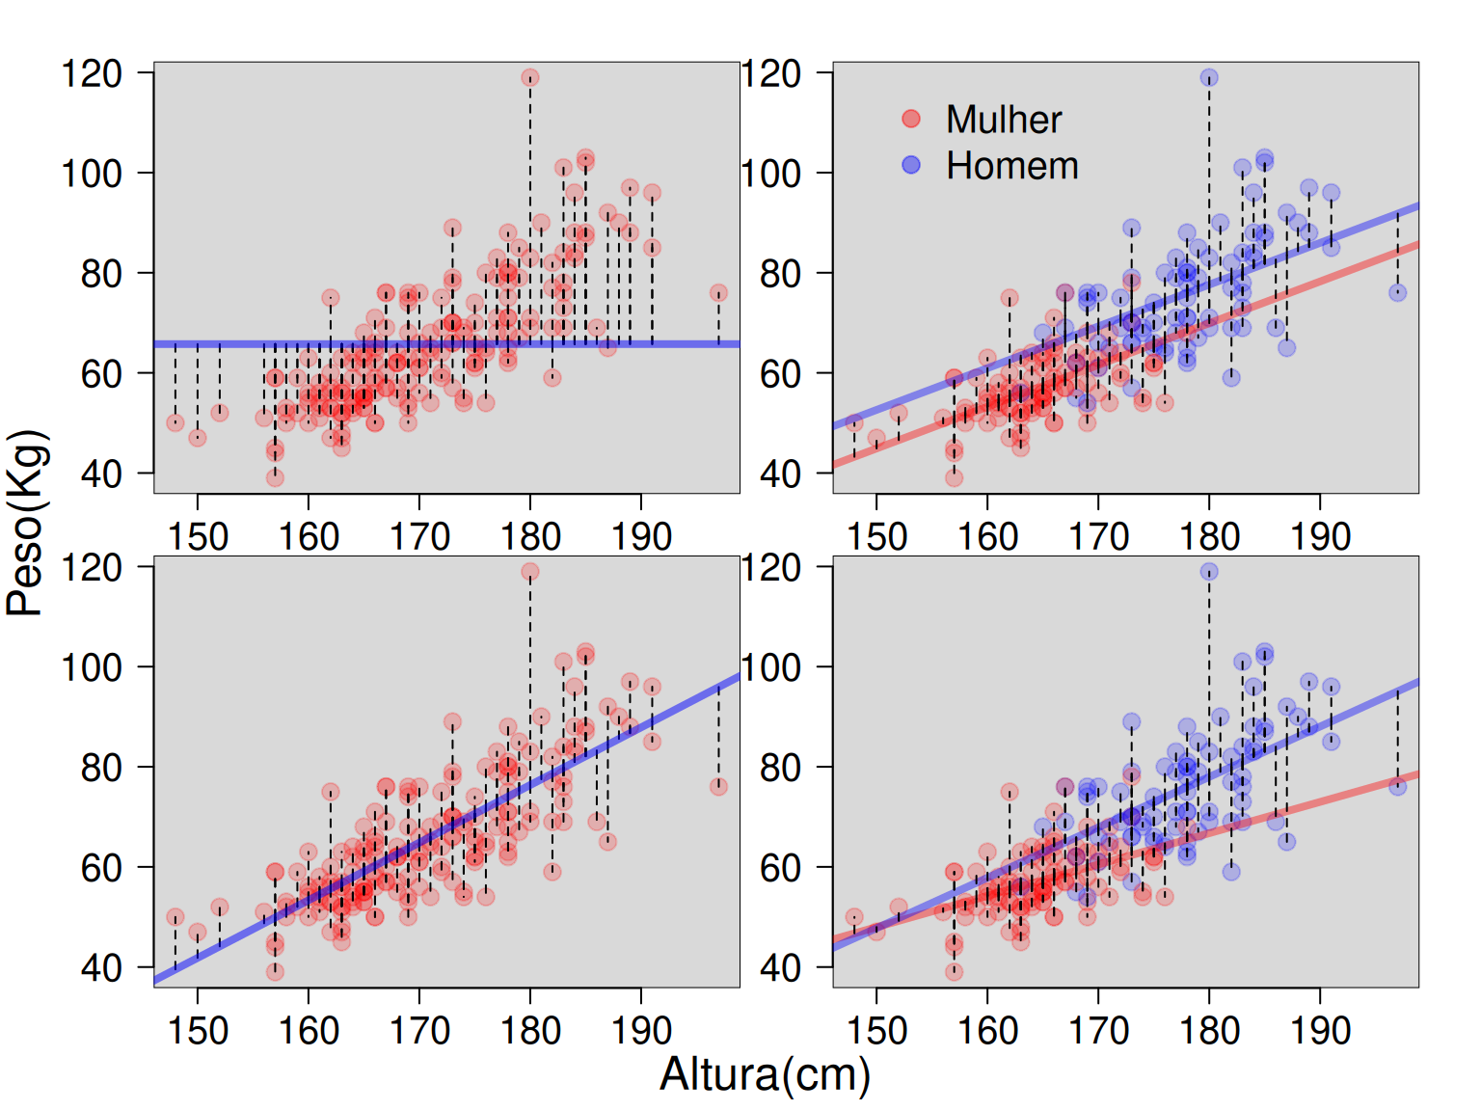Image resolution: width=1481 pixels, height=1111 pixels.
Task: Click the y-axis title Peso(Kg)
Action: pos(27,523)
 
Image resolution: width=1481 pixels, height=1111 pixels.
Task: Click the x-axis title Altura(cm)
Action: pos(765,1074)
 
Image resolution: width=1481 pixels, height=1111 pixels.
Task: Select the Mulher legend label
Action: pos(1003,120)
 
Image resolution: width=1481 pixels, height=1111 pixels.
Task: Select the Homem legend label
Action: pos(1011,166)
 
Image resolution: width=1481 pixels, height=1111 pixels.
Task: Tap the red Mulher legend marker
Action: pos(911,119)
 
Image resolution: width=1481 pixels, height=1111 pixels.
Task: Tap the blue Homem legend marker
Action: pos(911,165)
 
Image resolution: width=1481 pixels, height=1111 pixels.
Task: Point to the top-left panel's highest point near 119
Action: pos(529,78)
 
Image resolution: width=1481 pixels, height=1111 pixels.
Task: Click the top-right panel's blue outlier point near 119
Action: pos(1209,78)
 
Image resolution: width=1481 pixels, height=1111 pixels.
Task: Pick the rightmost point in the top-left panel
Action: pos(718,293)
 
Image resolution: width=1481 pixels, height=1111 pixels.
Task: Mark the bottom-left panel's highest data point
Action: pos(529,572)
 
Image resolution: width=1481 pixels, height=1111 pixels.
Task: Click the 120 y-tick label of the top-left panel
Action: pos(92,73)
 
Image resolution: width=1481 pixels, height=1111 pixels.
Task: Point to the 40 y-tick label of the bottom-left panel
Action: pos(101,967)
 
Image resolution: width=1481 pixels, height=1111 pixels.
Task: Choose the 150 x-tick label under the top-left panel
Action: pos(198,536)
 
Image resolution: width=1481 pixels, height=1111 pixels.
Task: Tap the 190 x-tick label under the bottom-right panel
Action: pos(1320,1031)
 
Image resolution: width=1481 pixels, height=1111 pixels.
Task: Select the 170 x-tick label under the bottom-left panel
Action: pos(419,1031)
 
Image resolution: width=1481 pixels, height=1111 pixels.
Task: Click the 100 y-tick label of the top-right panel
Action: pos(770,174)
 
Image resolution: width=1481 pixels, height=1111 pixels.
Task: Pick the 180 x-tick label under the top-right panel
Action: pos(1209,536)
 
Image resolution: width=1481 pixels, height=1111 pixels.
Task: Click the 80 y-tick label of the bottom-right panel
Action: pos(780,768)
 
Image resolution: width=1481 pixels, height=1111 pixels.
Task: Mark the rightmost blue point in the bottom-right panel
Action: pos(1397,787)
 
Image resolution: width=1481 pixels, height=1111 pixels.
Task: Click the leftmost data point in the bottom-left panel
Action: pos(175,917)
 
